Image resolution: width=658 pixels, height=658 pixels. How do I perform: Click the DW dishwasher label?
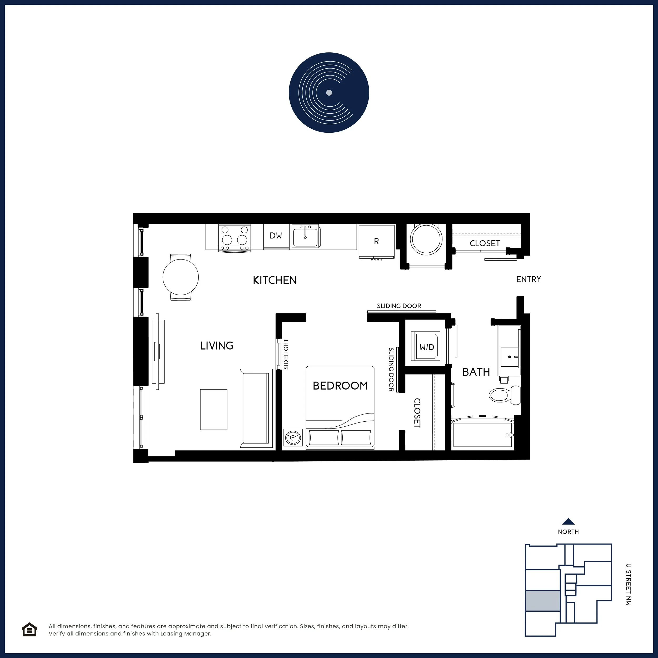(276, 235)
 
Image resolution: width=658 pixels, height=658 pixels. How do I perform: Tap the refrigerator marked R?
(376, 241)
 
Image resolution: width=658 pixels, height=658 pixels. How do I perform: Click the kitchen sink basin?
(305, 236)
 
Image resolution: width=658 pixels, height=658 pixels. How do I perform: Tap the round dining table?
(181, 277)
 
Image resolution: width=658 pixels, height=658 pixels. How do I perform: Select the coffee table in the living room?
(213, 409)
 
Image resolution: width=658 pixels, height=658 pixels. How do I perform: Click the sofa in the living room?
(256, 408)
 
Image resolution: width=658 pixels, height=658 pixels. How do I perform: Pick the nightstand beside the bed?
(293, 437)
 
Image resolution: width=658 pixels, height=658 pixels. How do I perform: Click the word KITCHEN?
(275, 280)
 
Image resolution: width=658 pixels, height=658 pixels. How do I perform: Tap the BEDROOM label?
(340, 386)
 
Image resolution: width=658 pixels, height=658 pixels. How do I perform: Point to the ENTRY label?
(529, 279)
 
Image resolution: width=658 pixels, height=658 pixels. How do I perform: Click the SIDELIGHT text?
(286, 354)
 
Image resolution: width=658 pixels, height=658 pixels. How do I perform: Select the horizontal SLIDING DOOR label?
(399, 306)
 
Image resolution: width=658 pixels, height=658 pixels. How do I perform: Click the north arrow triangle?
(569, 521)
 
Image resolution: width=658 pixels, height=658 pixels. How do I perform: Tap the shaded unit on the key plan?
(542, 601)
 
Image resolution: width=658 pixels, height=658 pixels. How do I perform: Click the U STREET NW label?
(628, 584)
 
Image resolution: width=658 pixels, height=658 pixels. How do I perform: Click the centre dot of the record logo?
(329, 93)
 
